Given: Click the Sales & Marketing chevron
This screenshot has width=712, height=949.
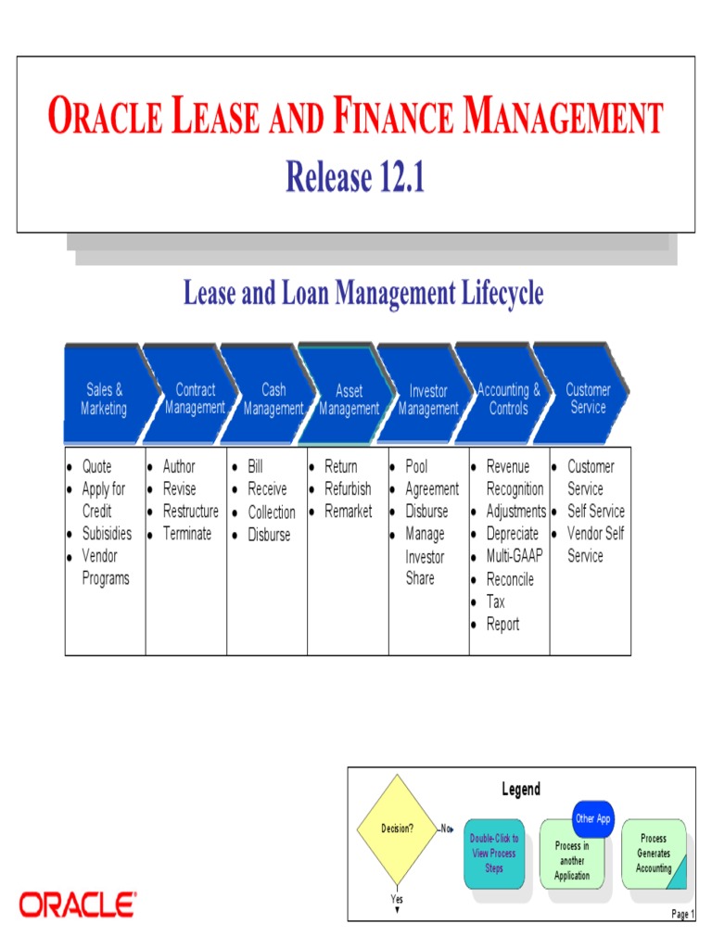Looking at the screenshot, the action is (103, 399).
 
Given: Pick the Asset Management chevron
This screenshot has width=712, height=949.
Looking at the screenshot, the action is (350, 399).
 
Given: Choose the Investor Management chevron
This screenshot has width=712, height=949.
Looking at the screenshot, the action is (428, 399).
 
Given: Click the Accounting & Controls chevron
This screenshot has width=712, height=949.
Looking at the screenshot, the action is (508, 399).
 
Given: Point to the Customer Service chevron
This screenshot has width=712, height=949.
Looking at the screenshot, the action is (588, 399).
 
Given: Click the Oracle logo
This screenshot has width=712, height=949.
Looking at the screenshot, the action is (78, 904).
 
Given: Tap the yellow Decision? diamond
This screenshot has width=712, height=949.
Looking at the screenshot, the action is (396, 829).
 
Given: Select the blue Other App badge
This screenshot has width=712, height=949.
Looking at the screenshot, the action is (593, 818).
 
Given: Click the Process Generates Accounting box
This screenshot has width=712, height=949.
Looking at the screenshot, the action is (654, 853).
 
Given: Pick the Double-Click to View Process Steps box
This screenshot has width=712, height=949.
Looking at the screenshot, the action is (494, 853).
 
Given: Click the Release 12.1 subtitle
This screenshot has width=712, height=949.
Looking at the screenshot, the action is (355, 176).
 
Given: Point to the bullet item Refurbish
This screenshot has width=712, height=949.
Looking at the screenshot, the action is (348, 488).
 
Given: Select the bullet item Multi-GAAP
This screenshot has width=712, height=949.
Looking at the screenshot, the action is (515, 556).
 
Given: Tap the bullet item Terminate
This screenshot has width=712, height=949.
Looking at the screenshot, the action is (187, 533).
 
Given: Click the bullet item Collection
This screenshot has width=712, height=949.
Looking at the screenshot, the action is (272, 512).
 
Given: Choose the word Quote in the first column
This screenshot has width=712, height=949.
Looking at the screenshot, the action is (96, 466).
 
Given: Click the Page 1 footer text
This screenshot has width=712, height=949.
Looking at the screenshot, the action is (681, 914).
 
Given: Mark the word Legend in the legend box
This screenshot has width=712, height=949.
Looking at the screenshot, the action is (521, 790).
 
